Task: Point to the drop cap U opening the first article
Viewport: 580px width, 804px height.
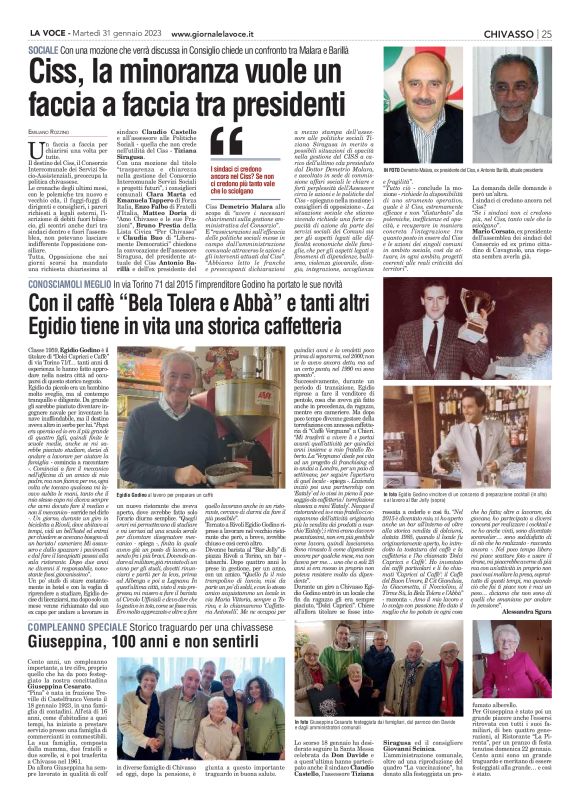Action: point(37,147)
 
